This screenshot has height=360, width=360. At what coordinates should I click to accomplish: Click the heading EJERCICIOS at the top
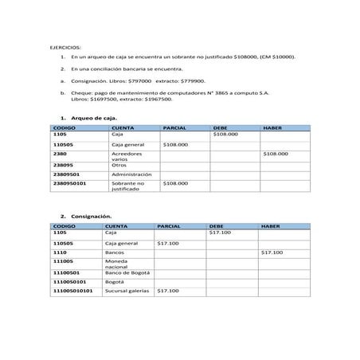click(67, 47)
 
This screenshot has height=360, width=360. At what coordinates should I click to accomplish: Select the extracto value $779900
click(191, 80)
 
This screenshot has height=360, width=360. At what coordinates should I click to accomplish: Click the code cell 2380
click(60, 153)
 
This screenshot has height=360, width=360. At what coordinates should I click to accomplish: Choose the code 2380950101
click(69, 183)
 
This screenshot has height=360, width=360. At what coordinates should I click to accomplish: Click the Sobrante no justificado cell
click(128, 186)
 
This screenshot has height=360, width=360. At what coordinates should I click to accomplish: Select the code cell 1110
click(58, 252)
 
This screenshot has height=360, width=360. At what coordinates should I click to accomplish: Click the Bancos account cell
click(115, 252)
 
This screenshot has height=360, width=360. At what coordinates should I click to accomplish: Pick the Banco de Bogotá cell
click(127, 272)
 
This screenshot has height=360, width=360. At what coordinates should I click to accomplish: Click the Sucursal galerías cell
click(127, 291)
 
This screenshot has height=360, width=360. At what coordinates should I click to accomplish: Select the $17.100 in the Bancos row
click(272, 252)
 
